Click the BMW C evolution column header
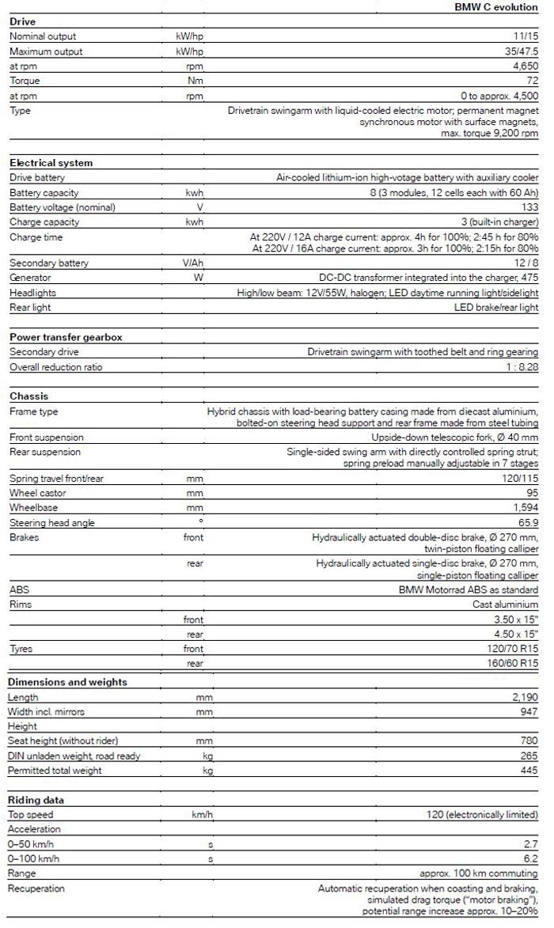pos(496,6)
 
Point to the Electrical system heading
pos(51,163)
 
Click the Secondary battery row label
pos(49,263)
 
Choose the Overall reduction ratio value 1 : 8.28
pos(520,367)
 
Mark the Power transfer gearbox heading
pos(66,337)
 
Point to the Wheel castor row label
pos(39,493)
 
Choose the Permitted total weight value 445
pos(529,771)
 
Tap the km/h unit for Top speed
pos(203,814)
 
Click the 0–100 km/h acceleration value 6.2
pos(531,858)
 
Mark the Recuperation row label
pos(36,888)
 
